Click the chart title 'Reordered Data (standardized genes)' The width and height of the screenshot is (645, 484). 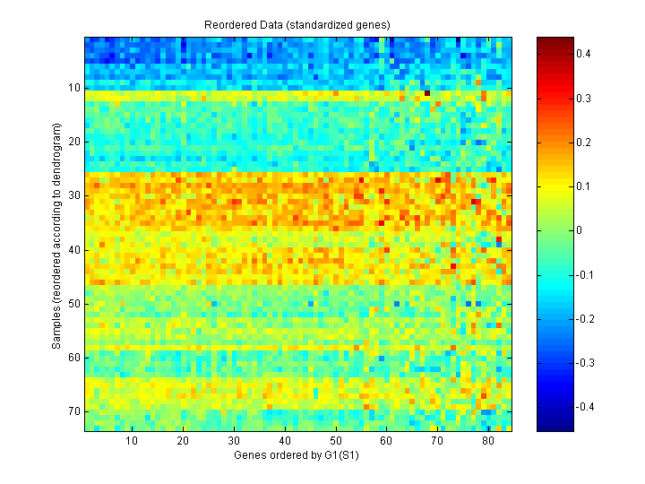click(x=299, y=26)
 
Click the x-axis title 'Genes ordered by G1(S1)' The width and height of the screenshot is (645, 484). click(x=299, y=455)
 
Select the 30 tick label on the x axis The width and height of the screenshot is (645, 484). click(x=234, y=441)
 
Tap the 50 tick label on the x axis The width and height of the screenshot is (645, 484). click(x=335, y=441)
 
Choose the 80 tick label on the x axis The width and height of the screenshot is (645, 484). click(x=487, y=441)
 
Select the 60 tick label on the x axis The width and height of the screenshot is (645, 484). click(x=386, y=441)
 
